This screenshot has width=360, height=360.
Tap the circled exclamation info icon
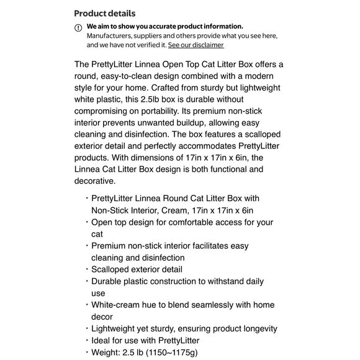point(78,27)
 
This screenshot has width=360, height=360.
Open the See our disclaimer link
point(196,45)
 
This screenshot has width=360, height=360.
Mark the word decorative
point(94,181)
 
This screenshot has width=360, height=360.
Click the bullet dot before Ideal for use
point(86,340)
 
